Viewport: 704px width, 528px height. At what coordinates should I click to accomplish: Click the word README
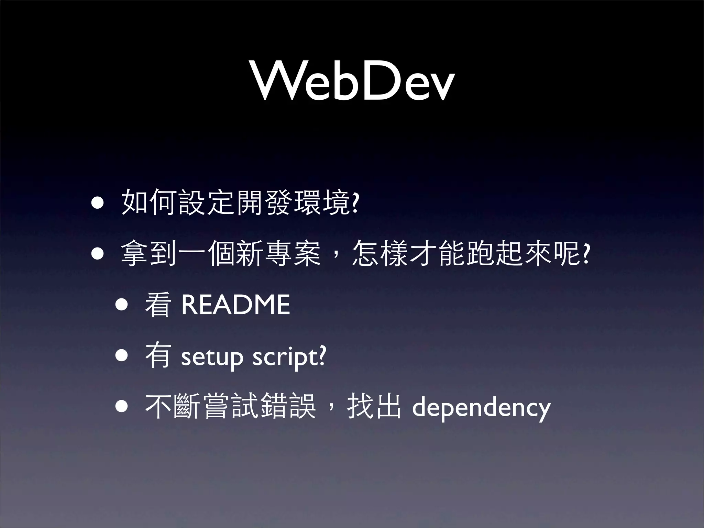(235, 305)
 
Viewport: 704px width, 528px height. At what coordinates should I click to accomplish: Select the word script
(285, 357)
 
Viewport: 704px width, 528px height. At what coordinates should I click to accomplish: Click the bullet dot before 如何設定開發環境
(97, 203)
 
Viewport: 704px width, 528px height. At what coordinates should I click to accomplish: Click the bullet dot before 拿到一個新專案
(97, 254)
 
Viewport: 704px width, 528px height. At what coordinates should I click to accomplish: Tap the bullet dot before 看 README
(122, 305)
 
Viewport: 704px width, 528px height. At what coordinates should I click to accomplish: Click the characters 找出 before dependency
(374, 407)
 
